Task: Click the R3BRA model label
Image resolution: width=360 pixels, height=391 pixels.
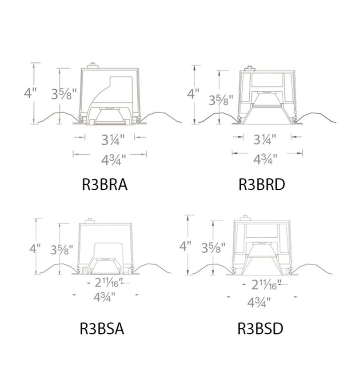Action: pyautogui.click(x=105, y=185)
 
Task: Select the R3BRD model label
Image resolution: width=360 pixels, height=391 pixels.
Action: pyautogui.click(x=262, y=185)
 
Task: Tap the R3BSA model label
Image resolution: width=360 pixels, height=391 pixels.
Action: pyautogui.click(x=102, y=329)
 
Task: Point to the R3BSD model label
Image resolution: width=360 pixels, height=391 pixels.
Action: pyautogui.click(x=260, y=328)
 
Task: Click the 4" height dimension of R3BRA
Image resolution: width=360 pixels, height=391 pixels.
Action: pyautogui.click(x=30, y=93)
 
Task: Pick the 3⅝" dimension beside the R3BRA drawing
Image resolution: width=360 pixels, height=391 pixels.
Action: pyautogui.click(x=64, y=94)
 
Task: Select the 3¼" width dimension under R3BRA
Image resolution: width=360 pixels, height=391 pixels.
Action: pyautogui.click(x=113, y=140)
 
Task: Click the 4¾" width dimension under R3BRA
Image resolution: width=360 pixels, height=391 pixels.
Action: pyautogui.click(x=113, y=160)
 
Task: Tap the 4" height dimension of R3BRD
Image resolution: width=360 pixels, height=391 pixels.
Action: pyautogui.click(x=193, y=94)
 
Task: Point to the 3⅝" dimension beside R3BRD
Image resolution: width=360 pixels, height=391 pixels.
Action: pyautogui.click(x=221, y=100)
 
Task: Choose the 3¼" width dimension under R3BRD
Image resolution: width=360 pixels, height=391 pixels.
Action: pyautogui.click(x=265, y=140)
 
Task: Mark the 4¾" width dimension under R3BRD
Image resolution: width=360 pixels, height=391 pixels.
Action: pyautogui.click(x=265, y=160)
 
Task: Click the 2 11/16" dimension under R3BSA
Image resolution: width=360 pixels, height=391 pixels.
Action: pyautogui.click(x=109, y=283)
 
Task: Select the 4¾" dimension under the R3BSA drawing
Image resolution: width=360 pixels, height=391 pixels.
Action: pyautogui.click(x=104, y=297)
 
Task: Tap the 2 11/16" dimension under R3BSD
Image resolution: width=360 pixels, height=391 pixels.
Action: pyautogui.click(x=266, y=285)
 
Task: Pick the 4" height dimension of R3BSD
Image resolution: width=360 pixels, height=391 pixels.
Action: pyautogui.click(x=185, y=246)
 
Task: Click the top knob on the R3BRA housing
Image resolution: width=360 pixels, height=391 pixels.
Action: pyautogui.click(x=92, y=65)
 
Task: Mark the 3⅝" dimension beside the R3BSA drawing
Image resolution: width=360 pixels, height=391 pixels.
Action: pyautogui.click(x=62, y=249)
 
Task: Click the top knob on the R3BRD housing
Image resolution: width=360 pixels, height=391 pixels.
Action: pyautogui.click(x=249, y=68)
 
